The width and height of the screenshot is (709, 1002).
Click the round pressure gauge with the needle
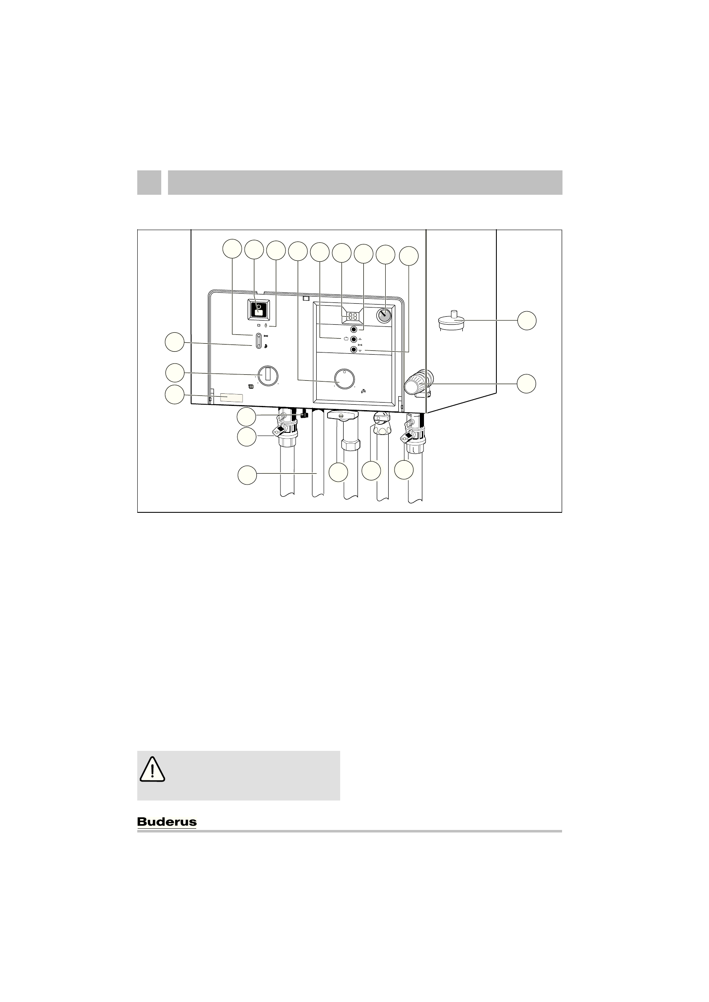384,315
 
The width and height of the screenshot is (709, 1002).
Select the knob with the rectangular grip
267,375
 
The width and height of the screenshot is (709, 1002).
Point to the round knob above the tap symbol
344,380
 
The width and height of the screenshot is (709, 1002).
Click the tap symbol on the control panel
363,392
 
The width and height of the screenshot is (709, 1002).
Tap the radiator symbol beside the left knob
251,386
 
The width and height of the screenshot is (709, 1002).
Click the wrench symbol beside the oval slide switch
266,337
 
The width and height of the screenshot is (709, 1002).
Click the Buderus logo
167,822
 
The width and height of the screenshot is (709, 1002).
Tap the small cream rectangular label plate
232,398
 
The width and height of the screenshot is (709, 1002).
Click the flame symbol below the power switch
266,326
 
